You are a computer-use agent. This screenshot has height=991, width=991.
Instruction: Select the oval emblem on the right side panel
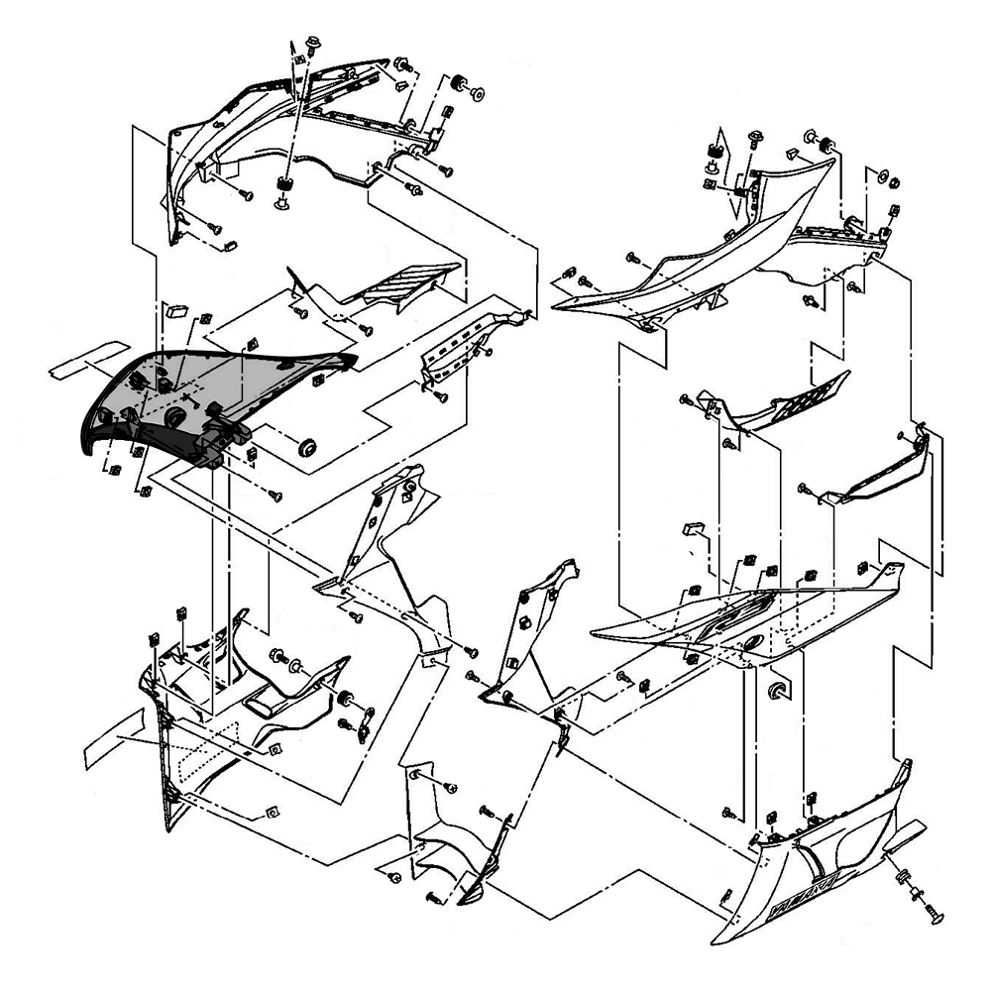751,643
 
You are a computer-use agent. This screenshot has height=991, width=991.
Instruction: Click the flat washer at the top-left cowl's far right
478,95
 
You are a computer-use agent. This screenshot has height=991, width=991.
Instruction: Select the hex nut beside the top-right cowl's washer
891,182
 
